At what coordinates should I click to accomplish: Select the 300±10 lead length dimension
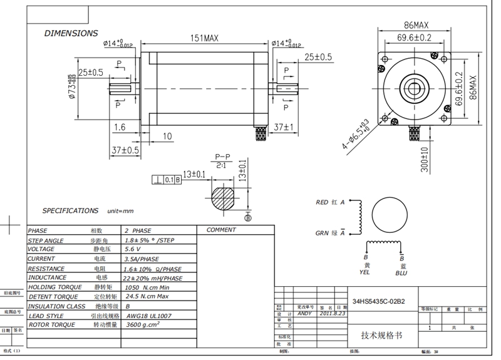[x=425, y=159]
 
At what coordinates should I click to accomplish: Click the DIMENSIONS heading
[x=71, y=33]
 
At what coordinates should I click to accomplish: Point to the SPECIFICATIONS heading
[x=70, y=211]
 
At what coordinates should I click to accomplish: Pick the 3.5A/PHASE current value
[x=142, y=259]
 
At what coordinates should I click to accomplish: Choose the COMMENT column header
[x=221, y=230]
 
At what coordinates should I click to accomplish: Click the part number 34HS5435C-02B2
[x=378, y=301]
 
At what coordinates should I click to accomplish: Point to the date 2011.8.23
[x=332, y=313]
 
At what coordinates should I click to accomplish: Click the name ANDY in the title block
[x=304, y=313]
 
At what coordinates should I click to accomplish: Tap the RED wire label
[x=322, y=203]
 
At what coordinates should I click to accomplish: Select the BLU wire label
[x=401, y=273]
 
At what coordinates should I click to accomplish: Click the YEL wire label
[x=366, y=273]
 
